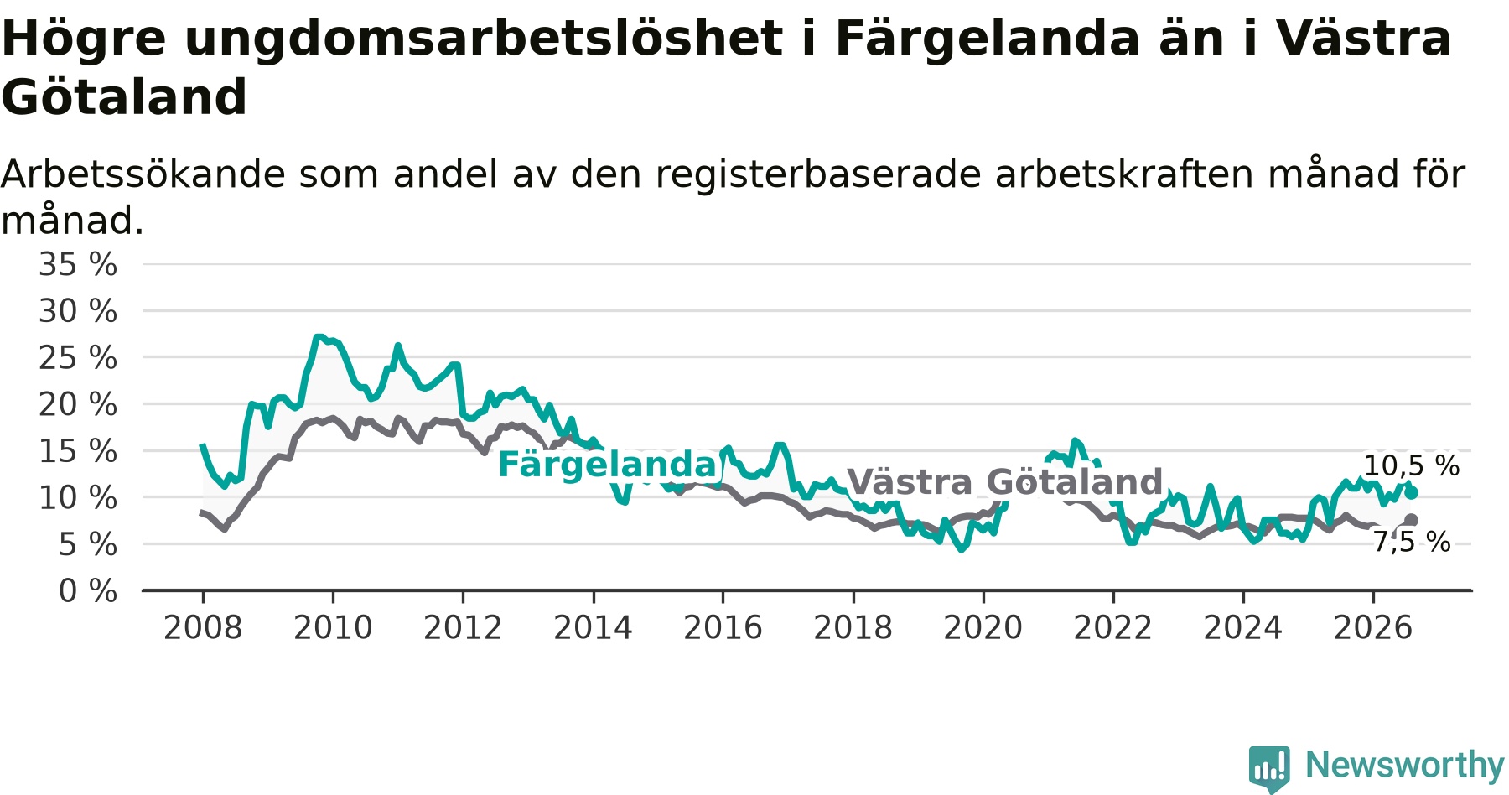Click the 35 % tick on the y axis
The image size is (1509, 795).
click(78, 265)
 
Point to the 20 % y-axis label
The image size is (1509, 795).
click(78, 405)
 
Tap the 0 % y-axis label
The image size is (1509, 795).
click(88, 591)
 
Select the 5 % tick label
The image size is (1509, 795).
click(88, 545)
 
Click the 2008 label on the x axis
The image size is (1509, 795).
click(203, 628)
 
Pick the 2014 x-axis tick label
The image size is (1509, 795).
click(593, 628)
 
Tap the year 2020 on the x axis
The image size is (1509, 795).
click(983, 628)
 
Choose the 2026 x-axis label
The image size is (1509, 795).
click(1373, 628)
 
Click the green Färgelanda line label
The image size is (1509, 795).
click(608, 465)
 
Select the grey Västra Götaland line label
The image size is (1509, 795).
click(1005, 482)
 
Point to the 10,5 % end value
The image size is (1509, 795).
click(1412, 466)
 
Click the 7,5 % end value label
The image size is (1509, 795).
click(1412, 543)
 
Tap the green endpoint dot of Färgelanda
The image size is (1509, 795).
click(1412, 493)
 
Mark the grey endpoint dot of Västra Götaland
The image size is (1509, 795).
click(1412, 520)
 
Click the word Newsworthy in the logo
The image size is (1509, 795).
click(1405, 765)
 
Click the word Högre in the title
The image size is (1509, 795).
click(84, 39)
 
